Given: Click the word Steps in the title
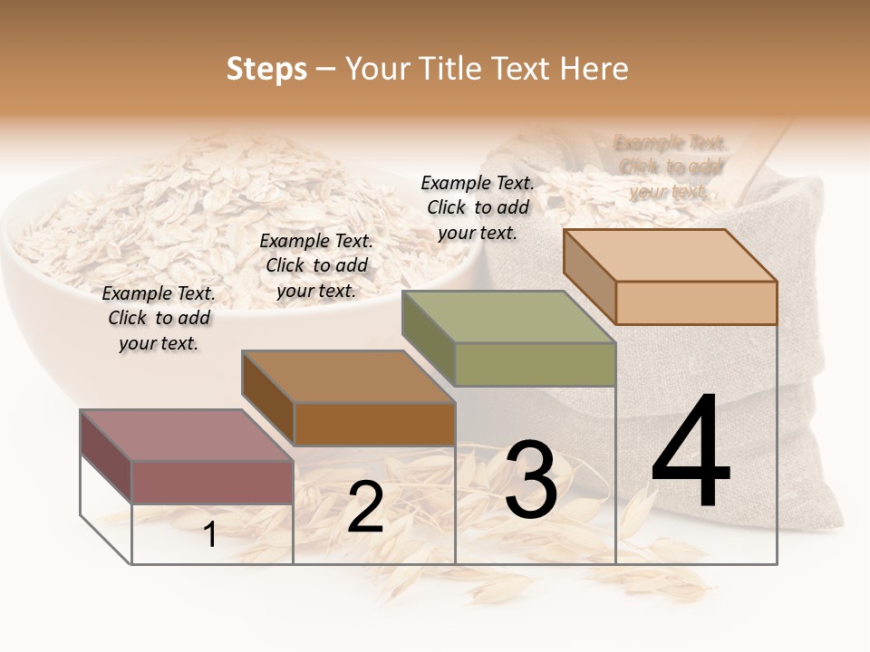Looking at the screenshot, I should (266, 69).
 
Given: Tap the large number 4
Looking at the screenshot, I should (691, 452).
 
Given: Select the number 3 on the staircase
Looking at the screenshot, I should (531, 481).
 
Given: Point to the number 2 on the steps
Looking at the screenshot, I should (365, 507).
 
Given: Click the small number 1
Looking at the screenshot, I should (209, 534).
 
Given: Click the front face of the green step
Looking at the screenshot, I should (535, 365).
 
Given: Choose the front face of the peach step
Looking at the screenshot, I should (696, 302).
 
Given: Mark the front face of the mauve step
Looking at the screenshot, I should (212, 482).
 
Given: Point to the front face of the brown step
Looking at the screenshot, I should (373, 424).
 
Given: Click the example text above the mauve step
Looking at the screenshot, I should (159, 319).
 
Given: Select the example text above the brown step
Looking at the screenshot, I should (316, 265).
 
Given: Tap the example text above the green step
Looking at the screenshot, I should (478, 207).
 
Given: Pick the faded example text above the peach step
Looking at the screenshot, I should (670, 167).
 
